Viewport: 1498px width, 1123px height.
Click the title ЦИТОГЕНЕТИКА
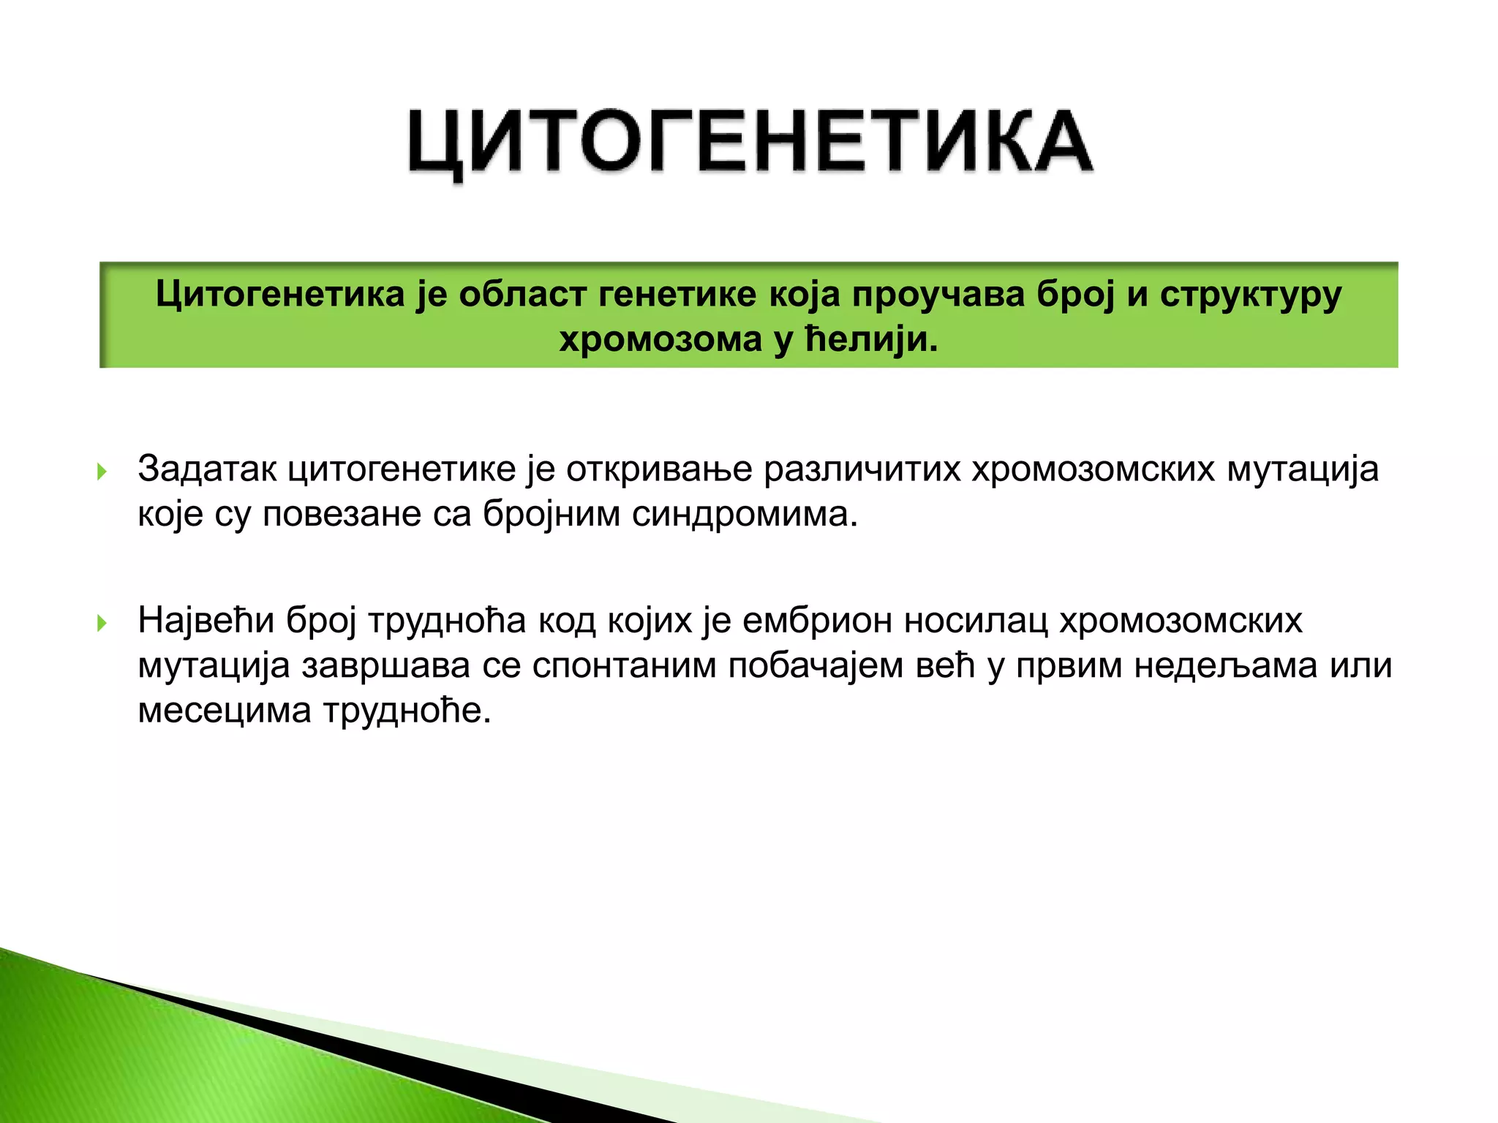click(750, 142)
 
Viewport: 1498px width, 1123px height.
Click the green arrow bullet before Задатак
click(102, 472)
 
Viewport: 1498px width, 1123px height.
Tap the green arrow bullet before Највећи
click(102, 623)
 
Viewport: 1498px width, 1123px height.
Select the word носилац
click(976, 621)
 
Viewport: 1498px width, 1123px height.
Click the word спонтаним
click(624, 665)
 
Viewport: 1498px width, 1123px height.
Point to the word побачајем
click(816, 665)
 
